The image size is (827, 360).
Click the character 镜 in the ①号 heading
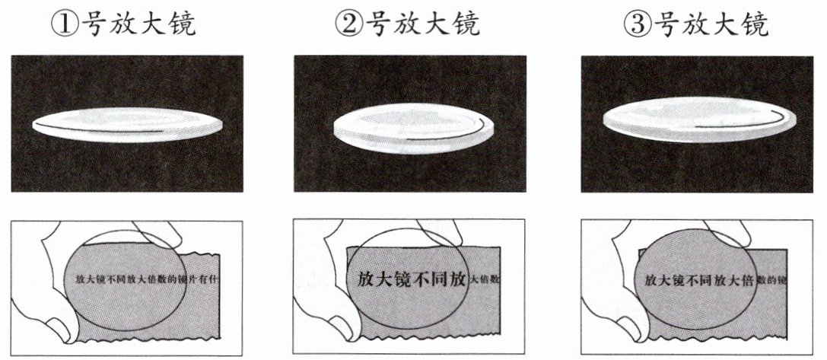[180, 24]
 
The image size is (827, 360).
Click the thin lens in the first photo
[128, 125]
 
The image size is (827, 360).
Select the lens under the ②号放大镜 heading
[414, 129]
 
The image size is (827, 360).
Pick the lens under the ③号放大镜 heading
[699, 119]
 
